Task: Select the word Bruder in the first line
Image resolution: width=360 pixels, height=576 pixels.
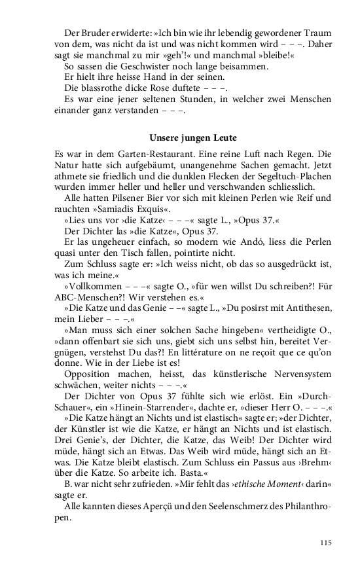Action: (99, 32)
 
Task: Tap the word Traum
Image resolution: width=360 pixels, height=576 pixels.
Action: (315, 32)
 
